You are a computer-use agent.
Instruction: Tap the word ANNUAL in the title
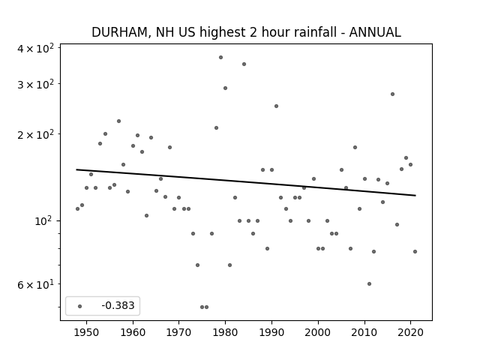tap(375, 32)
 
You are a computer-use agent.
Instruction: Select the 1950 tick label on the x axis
tap(87, 332)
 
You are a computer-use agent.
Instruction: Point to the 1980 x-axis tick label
tap(225, 332)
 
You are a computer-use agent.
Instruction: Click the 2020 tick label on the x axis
tap(410, 332)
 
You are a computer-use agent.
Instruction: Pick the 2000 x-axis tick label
tap(318, 332)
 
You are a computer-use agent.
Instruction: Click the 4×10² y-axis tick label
tap(35, 48)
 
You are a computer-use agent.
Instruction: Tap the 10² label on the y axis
tap(44, 220)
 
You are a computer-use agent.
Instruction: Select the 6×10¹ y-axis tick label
tap(35, 284)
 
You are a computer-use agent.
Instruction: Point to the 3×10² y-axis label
tap(35, 84)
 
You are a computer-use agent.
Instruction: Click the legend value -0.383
tap(118, 305)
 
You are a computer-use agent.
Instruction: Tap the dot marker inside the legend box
tap(80, 306)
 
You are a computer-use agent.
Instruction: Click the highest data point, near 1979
tap(220, 58)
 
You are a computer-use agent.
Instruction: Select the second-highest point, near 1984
tap(244, 64)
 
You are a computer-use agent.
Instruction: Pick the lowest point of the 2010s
tap(369, 284)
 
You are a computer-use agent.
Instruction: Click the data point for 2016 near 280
tap(392, 94)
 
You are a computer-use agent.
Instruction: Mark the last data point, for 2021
tap(415, 252)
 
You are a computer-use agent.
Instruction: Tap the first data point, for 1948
tap(77, 208)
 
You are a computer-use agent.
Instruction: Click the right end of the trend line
tap(415, 195)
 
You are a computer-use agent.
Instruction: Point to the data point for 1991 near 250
tap(277, 106)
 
